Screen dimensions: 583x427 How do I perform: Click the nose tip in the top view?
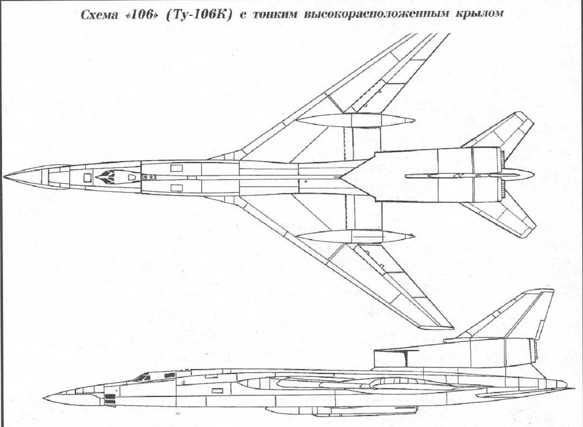pyautogui.click(x=4, y=176)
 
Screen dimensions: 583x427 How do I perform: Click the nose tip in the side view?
pyautogui.click(x=44, y=398)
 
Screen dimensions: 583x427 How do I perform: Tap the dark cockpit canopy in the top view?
pyautogui.click(x=106, y=177)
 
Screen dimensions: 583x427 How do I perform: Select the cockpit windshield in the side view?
pyautogui.click(x=143, y=378)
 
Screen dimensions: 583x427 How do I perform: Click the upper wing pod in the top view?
pyautogui.click(x=355, y=120)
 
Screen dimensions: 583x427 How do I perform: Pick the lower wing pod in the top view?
pyautogui.click(x=355, y=237)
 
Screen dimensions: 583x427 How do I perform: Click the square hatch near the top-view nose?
pyautogui.click(x=88, y=178)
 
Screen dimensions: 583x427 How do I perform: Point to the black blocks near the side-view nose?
pyautogui.click(x=110, y=399)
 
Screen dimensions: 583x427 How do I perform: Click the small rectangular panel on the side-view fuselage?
pyautogui.click(x=217, y=391)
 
